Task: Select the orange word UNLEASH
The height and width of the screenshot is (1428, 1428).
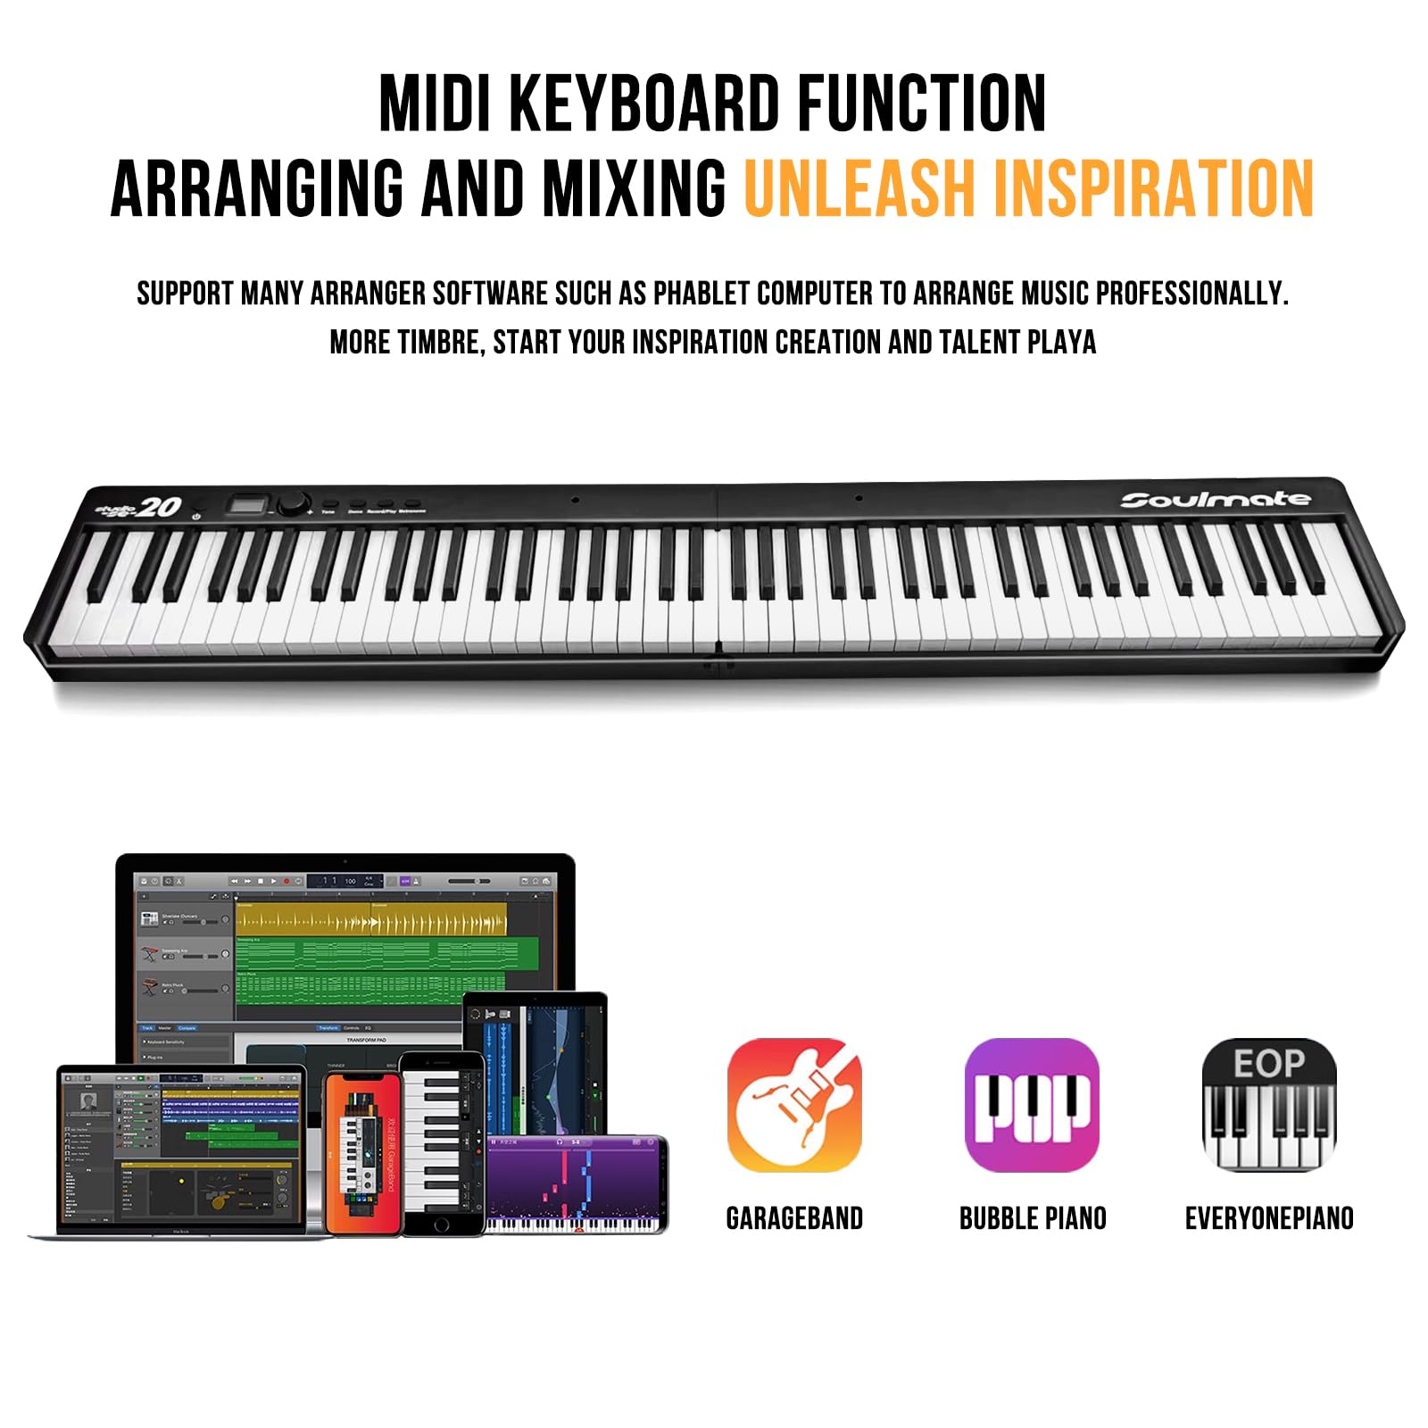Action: point(856,188)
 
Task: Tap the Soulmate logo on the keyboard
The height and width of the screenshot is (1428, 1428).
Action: point(1216,500)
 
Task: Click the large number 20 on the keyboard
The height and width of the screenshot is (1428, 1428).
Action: point(160,507)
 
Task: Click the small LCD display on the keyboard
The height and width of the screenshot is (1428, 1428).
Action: point(245,506)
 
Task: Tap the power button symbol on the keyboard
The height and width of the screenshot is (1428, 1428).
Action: point(196,516)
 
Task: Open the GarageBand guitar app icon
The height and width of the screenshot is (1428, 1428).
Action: point(794,1105)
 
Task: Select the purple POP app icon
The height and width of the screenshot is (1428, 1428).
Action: point(1032,1105)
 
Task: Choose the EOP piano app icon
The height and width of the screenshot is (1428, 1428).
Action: point(1268,1105)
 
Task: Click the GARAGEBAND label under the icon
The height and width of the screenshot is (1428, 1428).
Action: point(794,1218)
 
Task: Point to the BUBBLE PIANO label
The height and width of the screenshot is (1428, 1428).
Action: point(1033,1218)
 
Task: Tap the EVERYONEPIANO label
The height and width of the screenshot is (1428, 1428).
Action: point(1269,1218)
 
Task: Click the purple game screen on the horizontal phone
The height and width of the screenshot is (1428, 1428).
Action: point(576,1183)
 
